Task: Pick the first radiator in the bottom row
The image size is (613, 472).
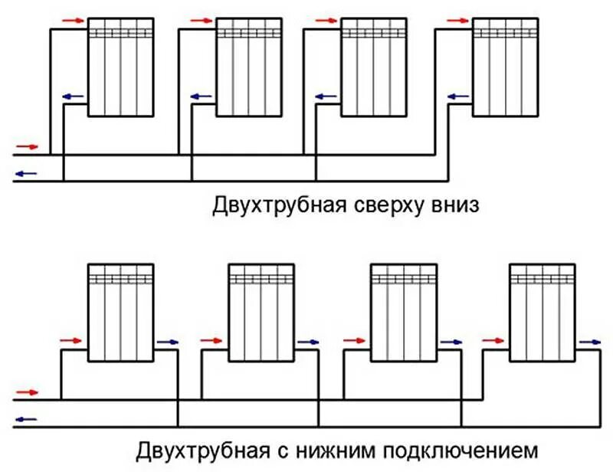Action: (121, 312)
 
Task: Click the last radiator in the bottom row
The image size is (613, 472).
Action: (543, 312)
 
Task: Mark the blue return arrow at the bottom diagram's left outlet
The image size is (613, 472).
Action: (26, 419)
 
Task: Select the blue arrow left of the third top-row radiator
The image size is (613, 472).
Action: (326, 97)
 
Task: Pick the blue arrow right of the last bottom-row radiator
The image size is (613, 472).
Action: (590, 342)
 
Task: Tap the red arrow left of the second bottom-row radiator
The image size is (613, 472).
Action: (210, 339)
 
